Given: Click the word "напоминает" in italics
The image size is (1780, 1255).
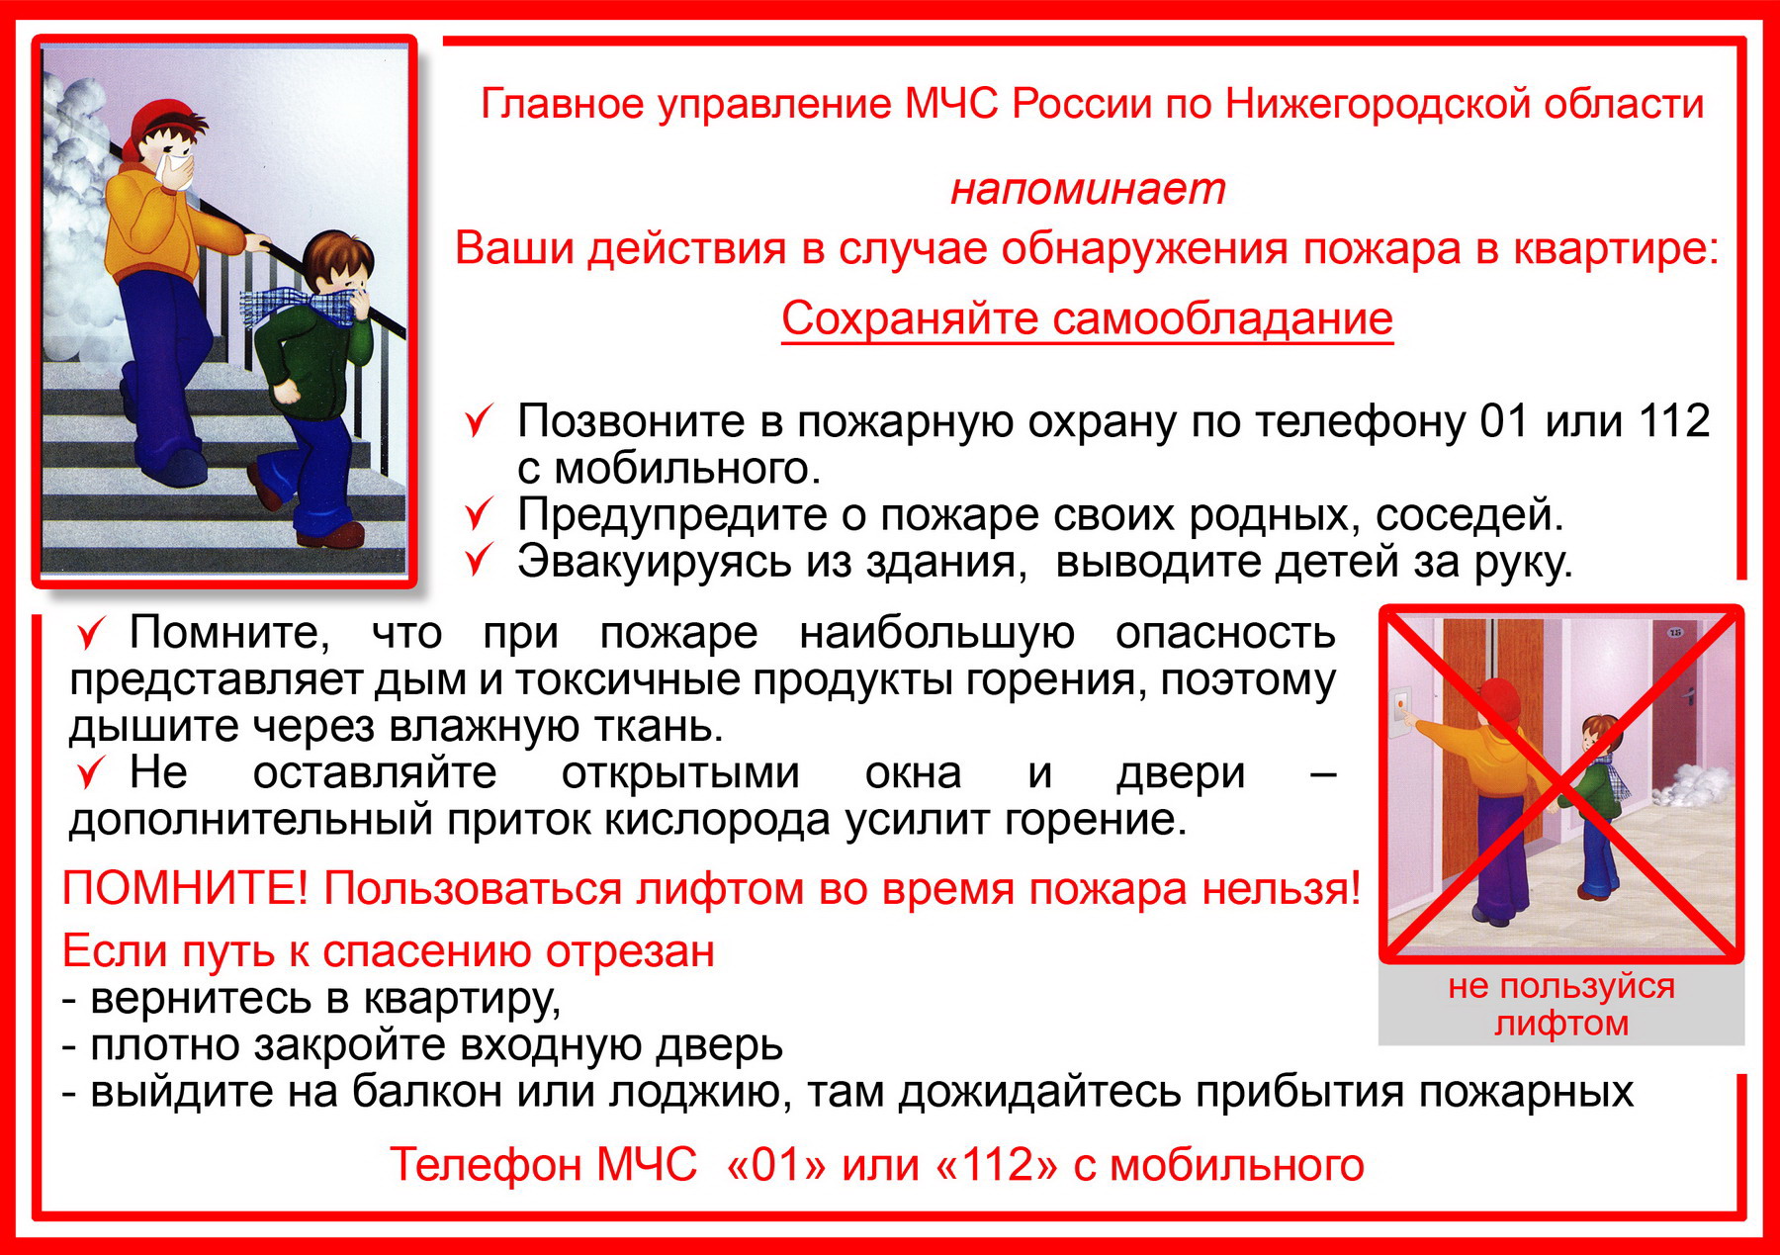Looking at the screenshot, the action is tap(1088, 188).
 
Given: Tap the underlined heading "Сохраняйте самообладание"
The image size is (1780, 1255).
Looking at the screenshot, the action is tap(1087, 318).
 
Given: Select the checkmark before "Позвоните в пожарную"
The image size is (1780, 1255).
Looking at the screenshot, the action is tap(479, 422).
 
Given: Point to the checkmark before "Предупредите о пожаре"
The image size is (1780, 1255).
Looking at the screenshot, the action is tap(479, 515).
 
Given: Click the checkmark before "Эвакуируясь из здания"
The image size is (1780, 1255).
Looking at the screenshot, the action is tap(479, 561).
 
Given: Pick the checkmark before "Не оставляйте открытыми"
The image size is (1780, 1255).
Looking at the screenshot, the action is tap(91, 773).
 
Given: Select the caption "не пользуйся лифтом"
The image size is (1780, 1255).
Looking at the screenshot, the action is tap(1561, 1004).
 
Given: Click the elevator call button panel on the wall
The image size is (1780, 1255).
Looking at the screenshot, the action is tap(1401, 712).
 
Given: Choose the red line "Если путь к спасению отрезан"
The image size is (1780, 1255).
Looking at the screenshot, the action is tap(389, 952).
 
